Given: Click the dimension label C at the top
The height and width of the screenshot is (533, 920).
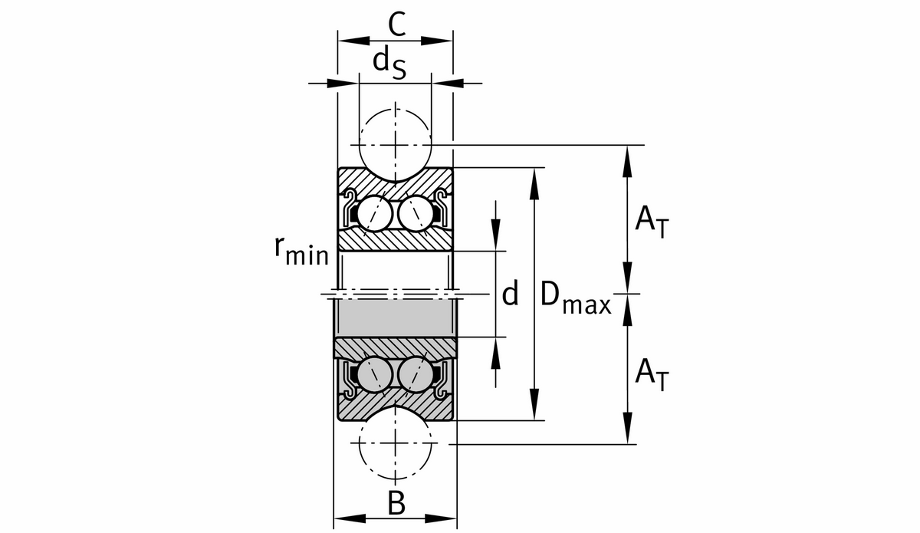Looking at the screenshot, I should (x=396, y=25).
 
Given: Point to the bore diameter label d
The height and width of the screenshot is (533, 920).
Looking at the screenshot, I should (x=511, y=293).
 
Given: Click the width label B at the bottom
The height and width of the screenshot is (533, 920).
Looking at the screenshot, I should (x=396, y=504).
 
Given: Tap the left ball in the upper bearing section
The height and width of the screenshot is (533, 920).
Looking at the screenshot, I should (x=375, y=211).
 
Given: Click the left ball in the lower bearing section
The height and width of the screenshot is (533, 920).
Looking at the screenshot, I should (x=375, y=374).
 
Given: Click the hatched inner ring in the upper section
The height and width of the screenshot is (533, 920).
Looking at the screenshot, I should (x=396, y=240).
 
